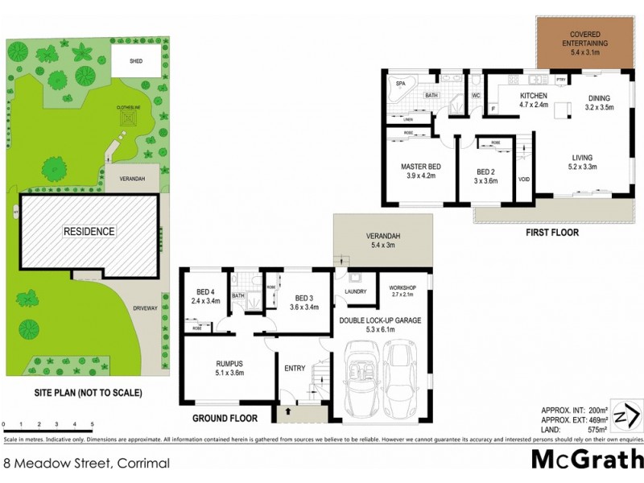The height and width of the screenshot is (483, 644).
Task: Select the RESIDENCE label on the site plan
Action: tap(89, 232)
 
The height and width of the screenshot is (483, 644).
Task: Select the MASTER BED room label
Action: tap(419, 167)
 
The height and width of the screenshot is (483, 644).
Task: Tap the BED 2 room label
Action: tap(485, 171)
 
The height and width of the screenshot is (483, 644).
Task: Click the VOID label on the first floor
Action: tap(523, 180)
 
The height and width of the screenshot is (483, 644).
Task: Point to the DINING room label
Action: tap(598, 100)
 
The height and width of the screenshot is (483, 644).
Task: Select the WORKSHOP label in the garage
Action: tap(402, 287)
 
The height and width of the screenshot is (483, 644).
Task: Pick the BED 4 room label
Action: tap(206, 291)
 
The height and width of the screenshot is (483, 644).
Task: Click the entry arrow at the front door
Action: tap(285, 411)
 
